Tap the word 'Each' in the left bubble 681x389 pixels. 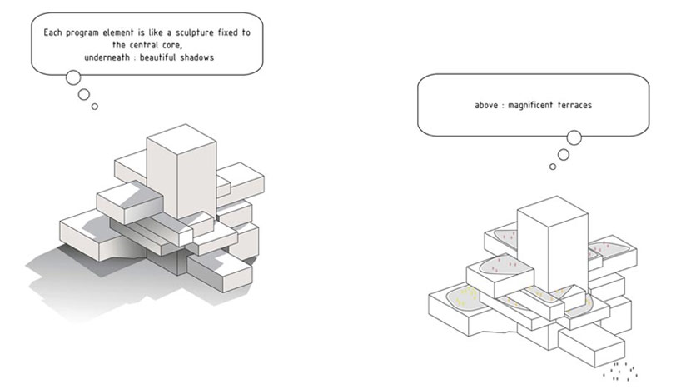(x=53, y=32)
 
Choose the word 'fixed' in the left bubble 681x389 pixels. (x=231, y=32)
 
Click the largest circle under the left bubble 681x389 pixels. (x=72, y=78)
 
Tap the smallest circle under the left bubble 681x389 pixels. (x=95, y=106)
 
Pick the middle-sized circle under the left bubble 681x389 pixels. (x=84, y=94)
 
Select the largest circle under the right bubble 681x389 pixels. (x=574, y=138)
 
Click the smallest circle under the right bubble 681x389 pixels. (x=553, y=167)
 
